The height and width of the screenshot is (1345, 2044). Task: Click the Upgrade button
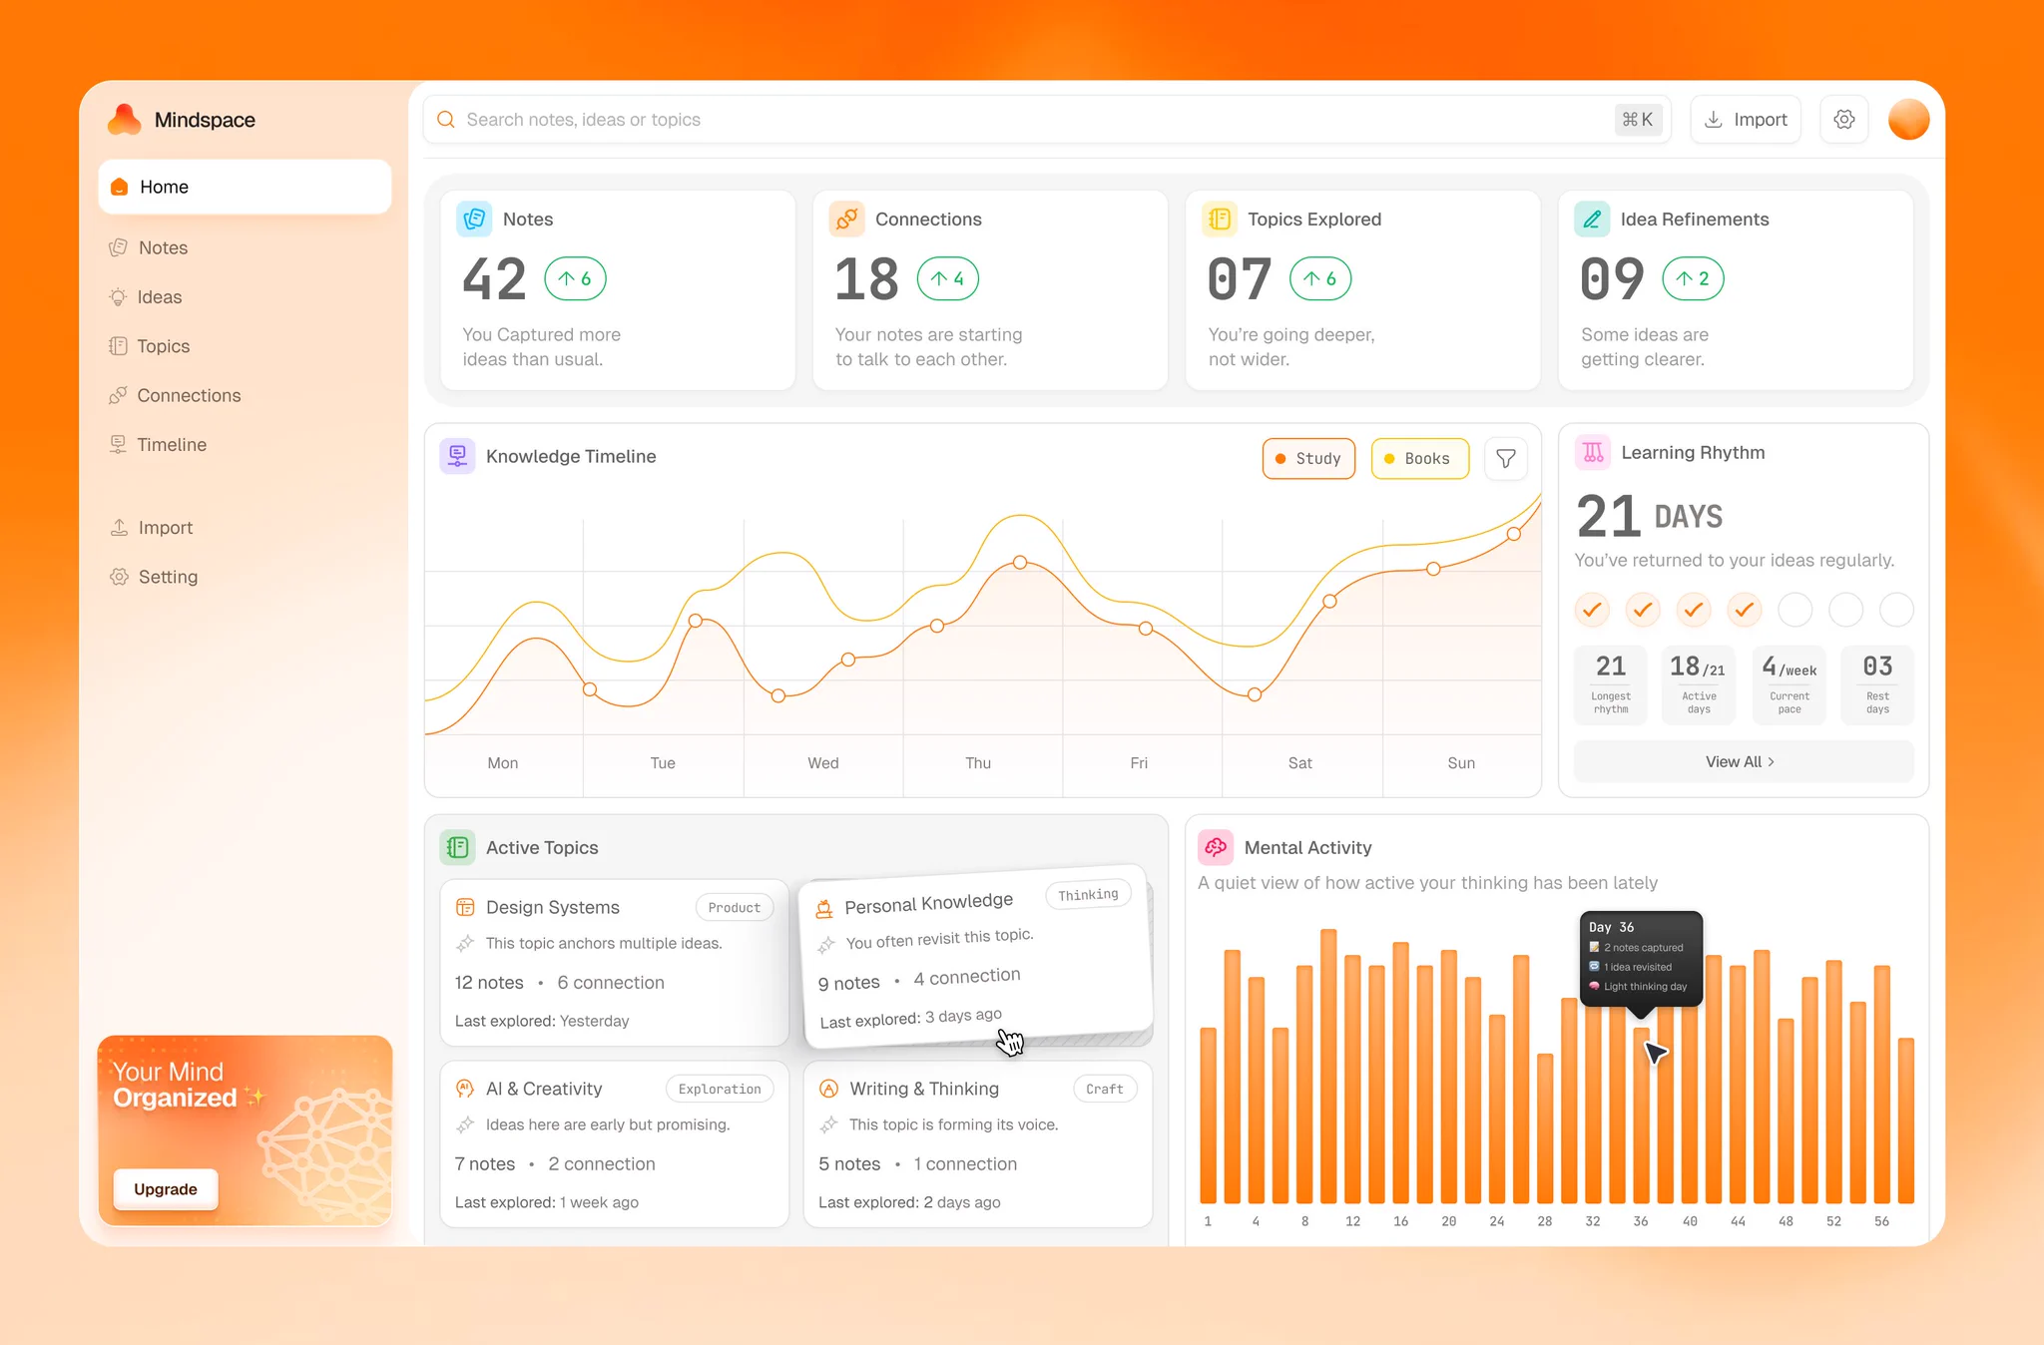coord(166,1189)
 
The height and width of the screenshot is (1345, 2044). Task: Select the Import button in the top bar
coord(1746,120)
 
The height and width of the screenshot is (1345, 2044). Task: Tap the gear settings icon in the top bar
coord(1844,120)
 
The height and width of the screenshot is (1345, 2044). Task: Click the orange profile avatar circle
coord(1908,120)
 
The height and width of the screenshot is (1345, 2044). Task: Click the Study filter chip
coord(1308,459)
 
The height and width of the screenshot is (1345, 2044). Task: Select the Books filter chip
coord(1419,459)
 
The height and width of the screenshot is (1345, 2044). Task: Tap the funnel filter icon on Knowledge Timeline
coord(1506,459)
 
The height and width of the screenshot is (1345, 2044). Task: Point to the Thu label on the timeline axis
coord(978,763)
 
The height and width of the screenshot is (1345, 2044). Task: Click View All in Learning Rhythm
coord(1741,761)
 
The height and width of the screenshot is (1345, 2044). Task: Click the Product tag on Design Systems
coord(735,907)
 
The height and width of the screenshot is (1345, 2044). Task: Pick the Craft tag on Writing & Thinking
coord(1105,1089)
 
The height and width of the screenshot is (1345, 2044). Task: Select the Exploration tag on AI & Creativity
coord(720,1089)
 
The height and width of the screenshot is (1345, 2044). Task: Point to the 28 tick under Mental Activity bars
coord(1545,1221)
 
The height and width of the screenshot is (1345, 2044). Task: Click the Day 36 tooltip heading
coord(1611,927)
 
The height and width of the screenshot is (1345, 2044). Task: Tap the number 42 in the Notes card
coord(494,279)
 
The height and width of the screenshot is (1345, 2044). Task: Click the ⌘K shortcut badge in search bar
coord(1638,120)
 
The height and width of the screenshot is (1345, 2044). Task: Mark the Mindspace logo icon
coord(125,119)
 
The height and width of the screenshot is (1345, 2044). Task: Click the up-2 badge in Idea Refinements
coord(1693,278)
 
